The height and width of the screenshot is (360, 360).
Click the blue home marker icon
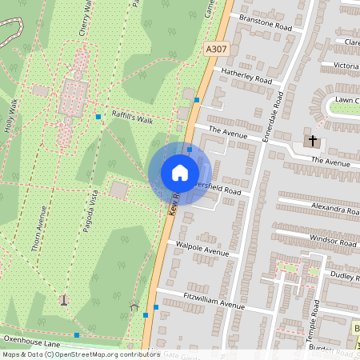pyautogui.click(x=180, y=173)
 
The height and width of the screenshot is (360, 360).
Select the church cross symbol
pyautogui.click(x=312, y=142)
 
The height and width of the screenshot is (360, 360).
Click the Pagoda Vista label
pyautogui.click(x=89, y=211)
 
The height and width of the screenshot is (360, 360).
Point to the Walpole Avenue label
pyautogui.click(x=202, y=250)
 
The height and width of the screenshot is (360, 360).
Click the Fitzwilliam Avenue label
pyautogui.click(x=213, y=304)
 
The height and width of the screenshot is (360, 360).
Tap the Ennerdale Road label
pyautogui.click(x=273, y=116)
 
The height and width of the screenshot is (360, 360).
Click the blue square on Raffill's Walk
pyautogui.click(x=98, y=118)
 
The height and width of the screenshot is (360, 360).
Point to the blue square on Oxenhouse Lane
pyautogui.click(x=77, y=334)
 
